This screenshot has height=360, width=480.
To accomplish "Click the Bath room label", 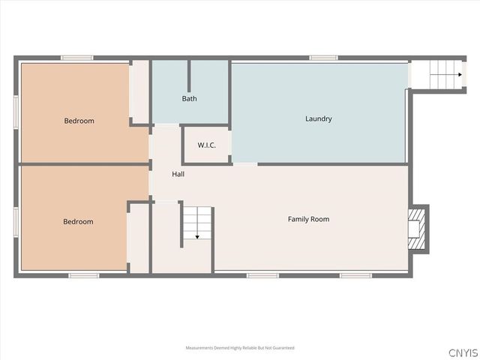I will click(190, 98).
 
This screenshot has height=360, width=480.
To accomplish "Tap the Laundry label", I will click(318, 118).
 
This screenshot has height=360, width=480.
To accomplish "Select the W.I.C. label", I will click(207, 145).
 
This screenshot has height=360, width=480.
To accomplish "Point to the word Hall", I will click(178, 174).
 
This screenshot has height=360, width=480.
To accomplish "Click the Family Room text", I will click(308, 219).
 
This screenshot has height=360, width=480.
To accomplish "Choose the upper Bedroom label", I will click(79, 121).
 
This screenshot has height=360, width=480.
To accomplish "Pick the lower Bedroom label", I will click(78, 221).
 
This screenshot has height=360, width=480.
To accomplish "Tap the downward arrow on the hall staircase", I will click(196, 235).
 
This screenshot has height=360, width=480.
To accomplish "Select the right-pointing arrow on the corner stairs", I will click(457, 74).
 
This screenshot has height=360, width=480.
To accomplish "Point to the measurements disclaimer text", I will click(240, 348).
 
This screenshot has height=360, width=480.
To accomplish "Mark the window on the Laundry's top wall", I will click(323, 58).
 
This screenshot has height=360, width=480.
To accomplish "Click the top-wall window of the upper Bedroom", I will click(76, 58).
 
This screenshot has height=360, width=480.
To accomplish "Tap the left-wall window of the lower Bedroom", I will click(16, 222).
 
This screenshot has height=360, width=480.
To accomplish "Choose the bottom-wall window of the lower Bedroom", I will click(83, 275).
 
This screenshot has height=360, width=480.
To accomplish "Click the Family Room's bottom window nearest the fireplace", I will click(355, 275).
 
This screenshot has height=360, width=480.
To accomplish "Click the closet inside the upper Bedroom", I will click(139, 91).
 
